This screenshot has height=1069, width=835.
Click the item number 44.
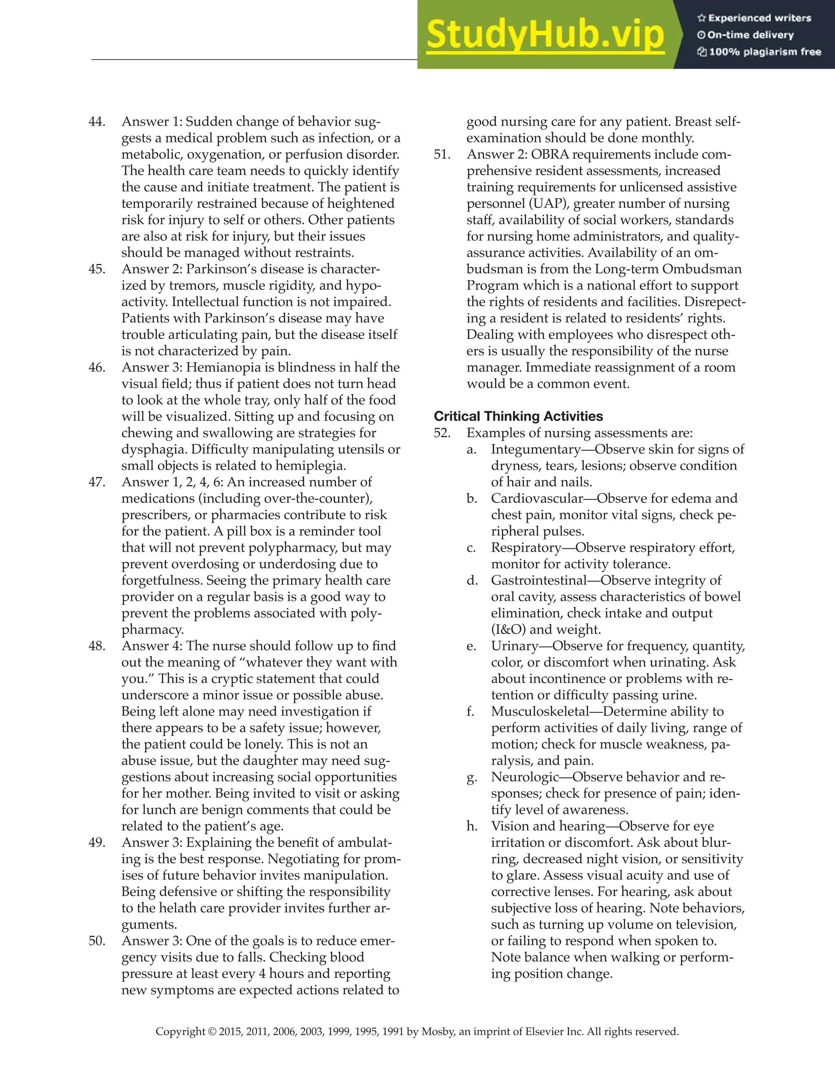(x=97, y=122)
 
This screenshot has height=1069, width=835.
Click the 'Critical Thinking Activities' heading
(x=518, y=416)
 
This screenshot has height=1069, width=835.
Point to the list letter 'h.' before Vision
(x=472, y=826)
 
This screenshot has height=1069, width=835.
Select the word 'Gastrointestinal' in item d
(x=539, y=580)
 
